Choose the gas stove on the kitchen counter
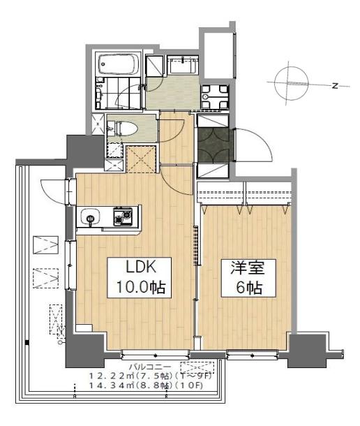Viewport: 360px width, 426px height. (123, 217)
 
